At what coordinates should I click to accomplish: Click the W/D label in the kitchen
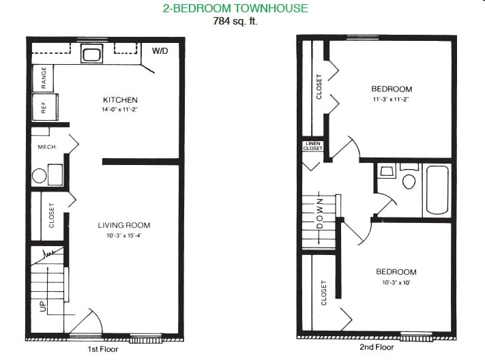[160, 51]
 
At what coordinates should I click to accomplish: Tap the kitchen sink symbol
[91, 54]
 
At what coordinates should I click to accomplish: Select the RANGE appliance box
[43, 78]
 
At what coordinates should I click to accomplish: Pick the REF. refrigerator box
[45, 107]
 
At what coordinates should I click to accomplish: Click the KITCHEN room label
[120, 100]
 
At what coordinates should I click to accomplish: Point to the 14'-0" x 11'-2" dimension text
[119, 110]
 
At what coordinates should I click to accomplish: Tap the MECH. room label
[47, 147]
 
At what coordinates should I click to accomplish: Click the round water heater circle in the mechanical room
[40, 176]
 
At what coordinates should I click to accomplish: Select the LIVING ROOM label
[124, 225]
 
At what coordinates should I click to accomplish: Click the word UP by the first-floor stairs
[43, 306]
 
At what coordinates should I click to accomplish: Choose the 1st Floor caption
[103, 349]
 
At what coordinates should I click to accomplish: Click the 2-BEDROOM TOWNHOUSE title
[235, 8]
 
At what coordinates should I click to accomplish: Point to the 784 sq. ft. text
[235, 21]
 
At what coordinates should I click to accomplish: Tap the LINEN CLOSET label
[312, 146]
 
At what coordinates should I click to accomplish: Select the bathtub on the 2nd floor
[437, 190]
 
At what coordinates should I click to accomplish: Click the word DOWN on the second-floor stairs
[320, 213]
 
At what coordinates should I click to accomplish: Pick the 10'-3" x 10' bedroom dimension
[396, 282]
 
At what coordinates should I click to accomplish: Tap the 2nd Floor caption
[377, 347]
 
